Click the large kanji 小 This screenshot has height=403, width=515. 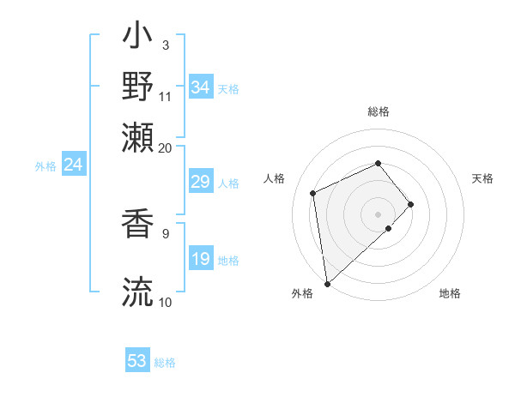click(138, 39)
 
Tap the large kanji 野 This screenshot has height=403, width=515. click(138, 87)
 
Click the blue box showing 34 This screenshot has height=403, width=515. click(200, 87)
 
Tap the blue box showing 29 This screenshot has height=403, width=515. click(200, 182)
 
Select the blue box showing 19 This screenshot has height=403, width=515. click(200, 259)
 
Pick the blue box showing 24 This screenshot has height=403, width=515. click(73, 165)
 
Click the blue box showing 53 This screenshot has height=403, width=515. click(137, 361)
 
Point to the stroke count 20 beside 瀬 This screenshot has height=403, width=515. click(165, 147)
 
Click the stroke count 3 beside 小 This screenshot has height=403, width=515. click(165, 44)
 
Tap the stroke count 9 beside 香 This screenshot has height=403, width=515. click(165, 232)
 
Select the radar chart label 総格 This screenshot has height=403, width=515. click(378, 111)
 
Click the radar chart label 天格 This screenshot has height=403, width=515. click(482, 178)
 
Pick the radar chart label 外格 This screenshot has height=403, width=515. click(302, 293)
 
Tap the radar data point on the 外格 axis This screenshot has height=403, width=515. click(327, 283)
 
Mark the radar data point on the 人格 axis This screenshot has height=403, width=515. click(313, 192)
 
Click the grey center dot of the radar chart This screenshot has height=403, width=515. click(378, 214)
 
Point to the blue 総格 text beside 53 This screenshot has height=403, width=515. click(165, 363)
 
